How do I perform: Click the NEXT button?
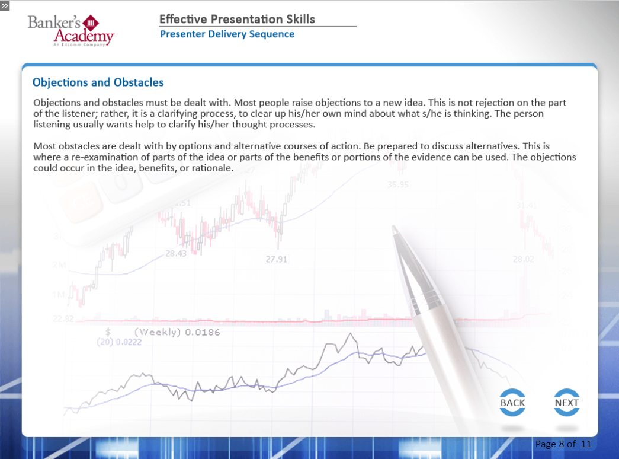point(566,403)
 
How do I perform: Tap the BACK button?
point(512,403)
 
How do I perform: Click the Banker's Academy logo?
point(71,30)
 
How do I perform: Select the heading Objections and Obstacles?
point(98,82)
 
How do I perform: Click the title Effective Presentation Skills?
point(237,19)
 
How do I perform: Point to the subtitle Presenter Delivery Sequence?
point(227,34)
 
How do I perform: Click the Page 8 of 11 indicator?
point(563,444)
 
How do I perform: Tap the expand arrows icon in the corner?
point(5,5)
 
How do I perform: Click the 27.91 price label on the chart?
point(277,259)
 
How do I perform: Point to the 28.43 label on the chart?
point(176,253)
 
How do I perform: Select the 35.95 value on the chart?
point(397,184)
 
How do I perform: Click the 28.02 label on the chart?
point(524,259)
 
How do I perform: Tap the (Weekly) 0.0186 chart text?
point(177,332)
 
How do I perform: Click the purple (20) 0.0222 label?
point(119,342)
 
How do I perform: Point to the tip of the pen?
point(393,227)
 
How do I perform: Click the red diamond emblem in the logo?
point(91,23)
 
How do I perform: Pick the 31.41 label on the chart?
point(526,206)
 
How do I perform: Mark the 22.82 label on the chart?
point(63,318)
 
